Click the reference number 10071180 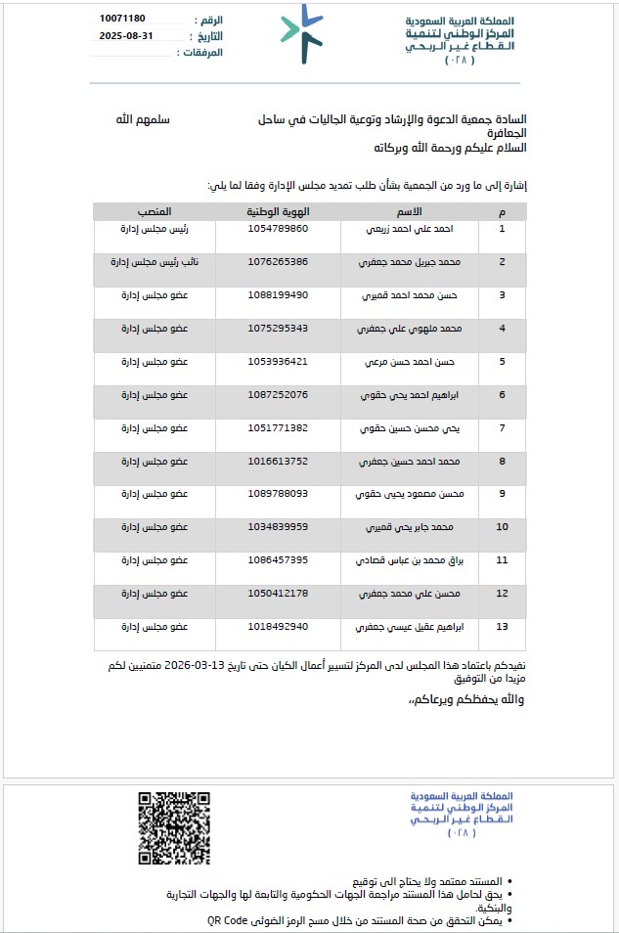pos(122,19)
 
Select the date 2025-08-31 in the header pos(126,35)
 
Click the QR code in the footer pos(175,828)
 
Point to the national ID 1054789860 pos(279,228)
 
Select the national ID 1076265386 pos(279,261)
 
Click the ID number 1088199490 pos(279,294)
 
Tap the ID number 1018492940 pos(279,626)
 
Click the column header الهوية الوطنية pos(279,211)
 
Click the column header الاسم pos(412,211)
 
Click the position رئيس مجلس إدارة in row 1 pos(155,228)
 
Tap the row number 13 pos(503,626)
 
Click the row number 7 pos(503,427)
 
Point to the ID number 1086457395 pos(279,559)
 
